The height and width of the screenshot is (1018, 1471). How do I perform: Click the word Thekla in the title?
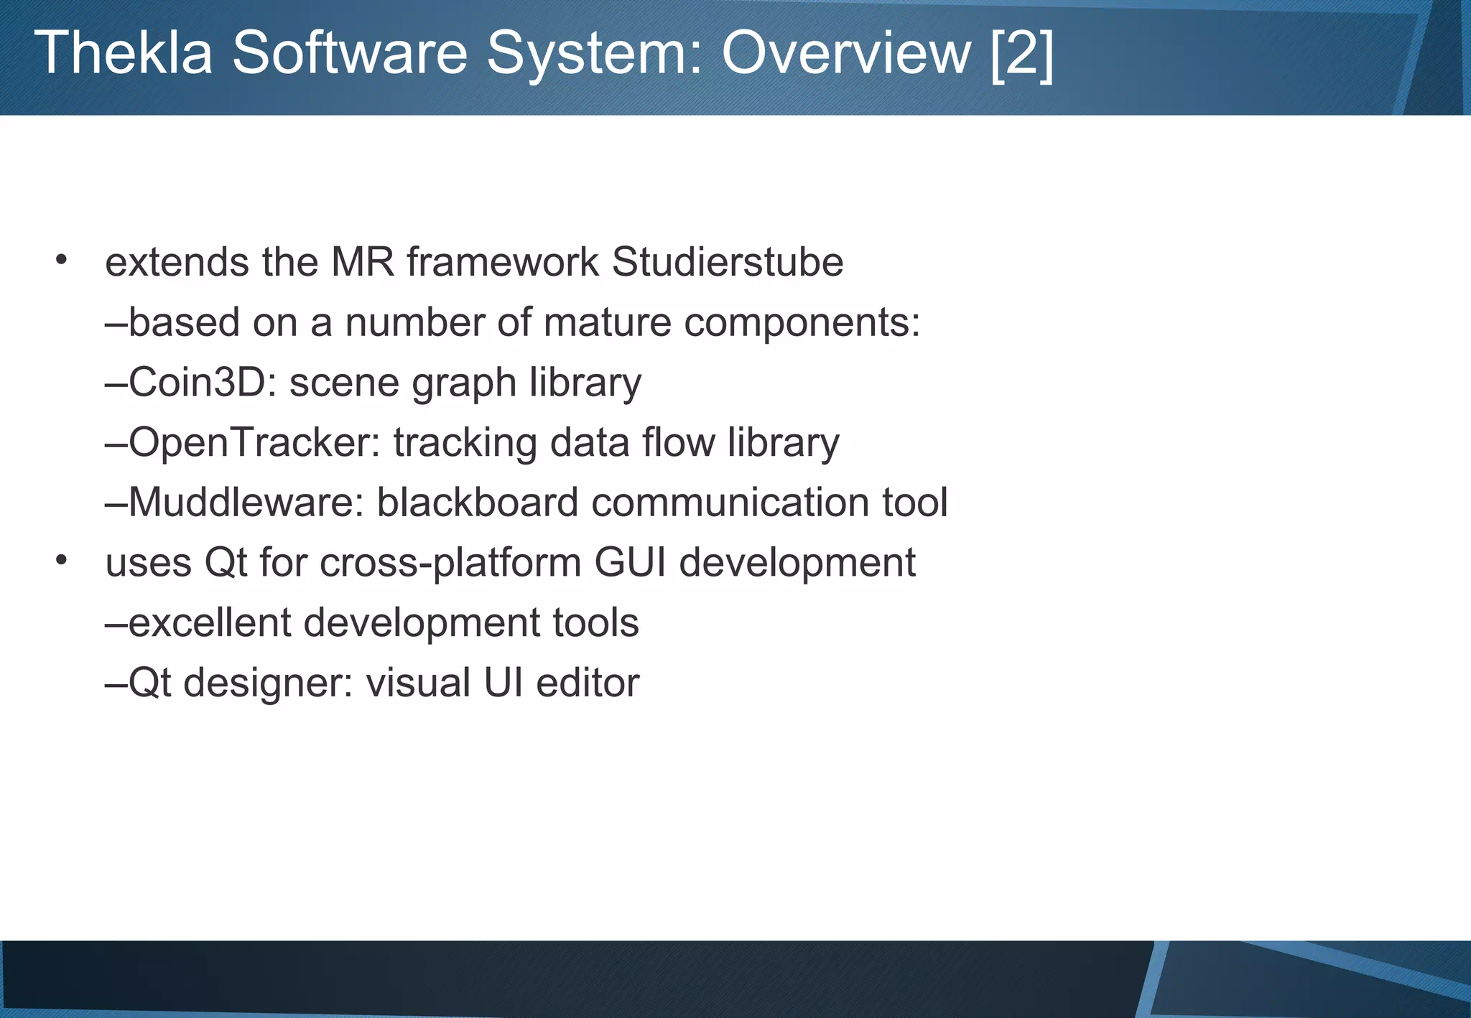pyautogui.click(x=123, y=52)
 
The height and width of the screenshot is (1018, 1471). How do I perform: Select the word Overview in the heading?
pyautogui.click(x=846, y=52)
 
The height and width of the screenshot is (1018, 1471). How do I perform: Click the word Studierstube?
pyautogui.click(x=727, y=262)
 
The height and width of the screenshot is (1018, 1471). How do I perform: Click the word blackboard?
pyautogui.click(x=478, y=502)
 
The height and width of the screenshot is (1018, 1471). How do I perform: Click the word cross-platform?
pyautogui.click(x=450, y=562)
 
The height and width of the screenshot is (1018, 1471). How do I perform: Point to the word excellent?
pyautogui.click(x=209, y=622)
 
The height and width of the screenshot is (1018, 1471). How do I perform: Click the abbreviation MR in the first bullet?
pyautogui.click(x=362, y=262)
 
